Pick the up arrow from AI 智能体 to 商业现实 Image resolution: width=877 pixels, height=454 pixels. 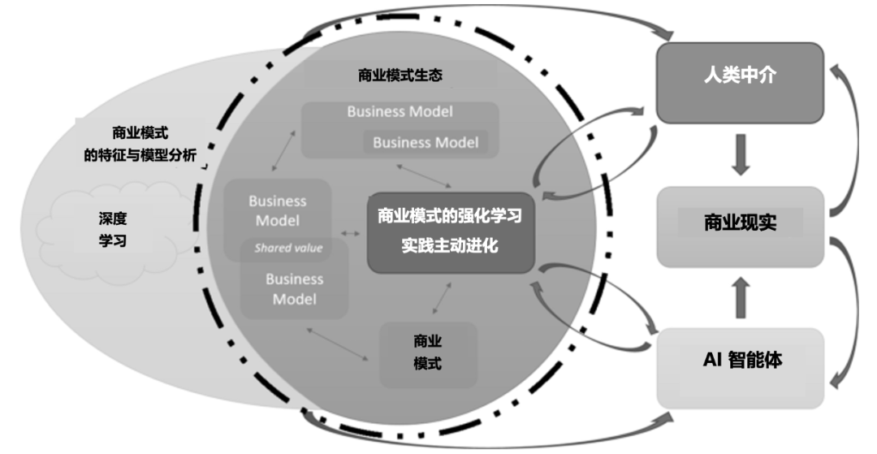741,297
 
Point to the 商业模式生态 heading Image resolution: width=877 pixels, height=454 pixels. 400,76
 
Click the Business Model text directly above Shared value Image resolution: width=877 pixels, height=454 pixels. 278,210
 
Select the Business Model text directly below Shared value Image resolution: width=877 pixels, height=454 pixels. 294,289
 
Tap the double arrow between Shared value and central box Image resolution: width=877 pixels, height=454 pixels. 352,234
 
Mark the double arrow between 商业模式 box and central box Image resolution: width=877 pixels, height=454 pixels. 442,298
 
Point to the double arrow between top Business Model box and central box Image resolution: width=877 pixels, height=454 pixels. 424,174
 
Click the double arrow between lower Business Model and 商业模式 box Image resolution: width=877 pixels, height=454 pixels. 340,344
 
